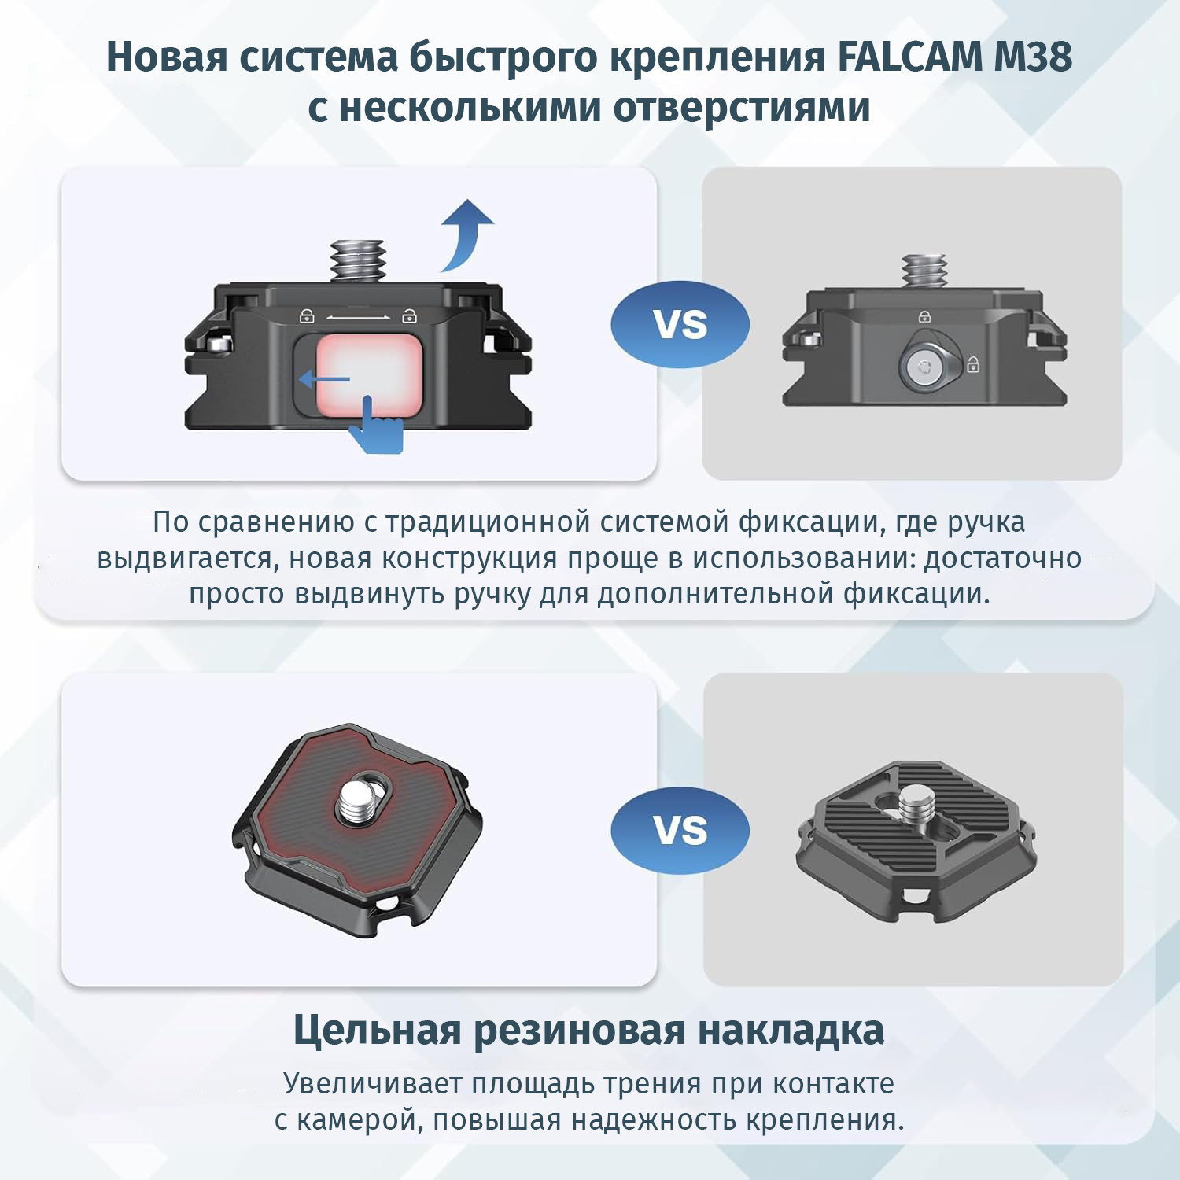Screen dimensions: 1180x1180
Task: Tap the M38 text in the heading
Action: (1033, 57)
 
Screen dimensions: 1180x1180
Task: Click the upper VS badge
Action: (680, 324)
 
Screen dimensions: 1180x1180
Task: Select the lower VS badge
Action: (680, 830)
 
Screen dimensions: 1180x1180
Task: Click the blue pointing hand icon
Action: (376, 425)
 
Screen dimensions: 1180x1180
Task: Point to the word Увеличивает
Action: (373, 1083)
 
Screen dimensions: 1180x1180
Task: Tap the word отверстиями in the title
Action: (742, 108)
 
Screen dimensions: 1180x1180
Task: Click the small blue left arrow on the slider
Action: (324, 380)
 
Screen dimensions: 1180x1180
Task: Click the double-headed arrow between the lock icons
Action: (358, 317)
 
